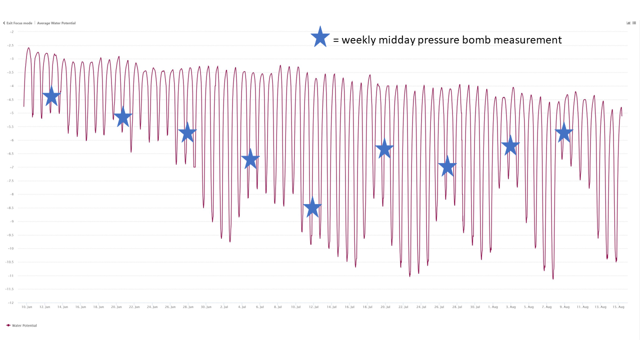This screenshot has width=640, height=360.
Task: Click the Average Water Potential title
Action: [x=56, y=23]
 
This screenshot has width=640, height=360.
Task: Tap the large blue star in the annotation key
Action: [x=320, y=37]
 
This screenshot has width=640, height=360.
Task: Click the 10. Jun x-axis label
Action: [x=27, y=306]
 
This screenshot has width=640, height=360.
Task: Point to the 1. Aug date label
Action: [x=492, y=306]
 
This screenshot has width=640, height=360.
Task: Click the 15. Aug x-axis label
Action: [x=618, y=306]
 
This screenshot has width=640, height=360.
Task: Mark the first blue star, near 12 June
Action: [x=51, y=96]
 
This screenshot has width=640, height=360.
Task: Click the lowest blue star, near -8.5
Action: [x=312, y=207]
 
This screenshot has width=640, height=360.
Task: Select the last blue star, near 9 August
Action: [x=564, y=132]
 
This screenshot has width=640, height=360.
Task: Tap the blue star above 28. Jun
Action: [x=187, y=132]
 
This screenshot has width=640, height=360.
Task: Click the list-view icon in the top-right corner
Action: [x=633, y=23]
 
